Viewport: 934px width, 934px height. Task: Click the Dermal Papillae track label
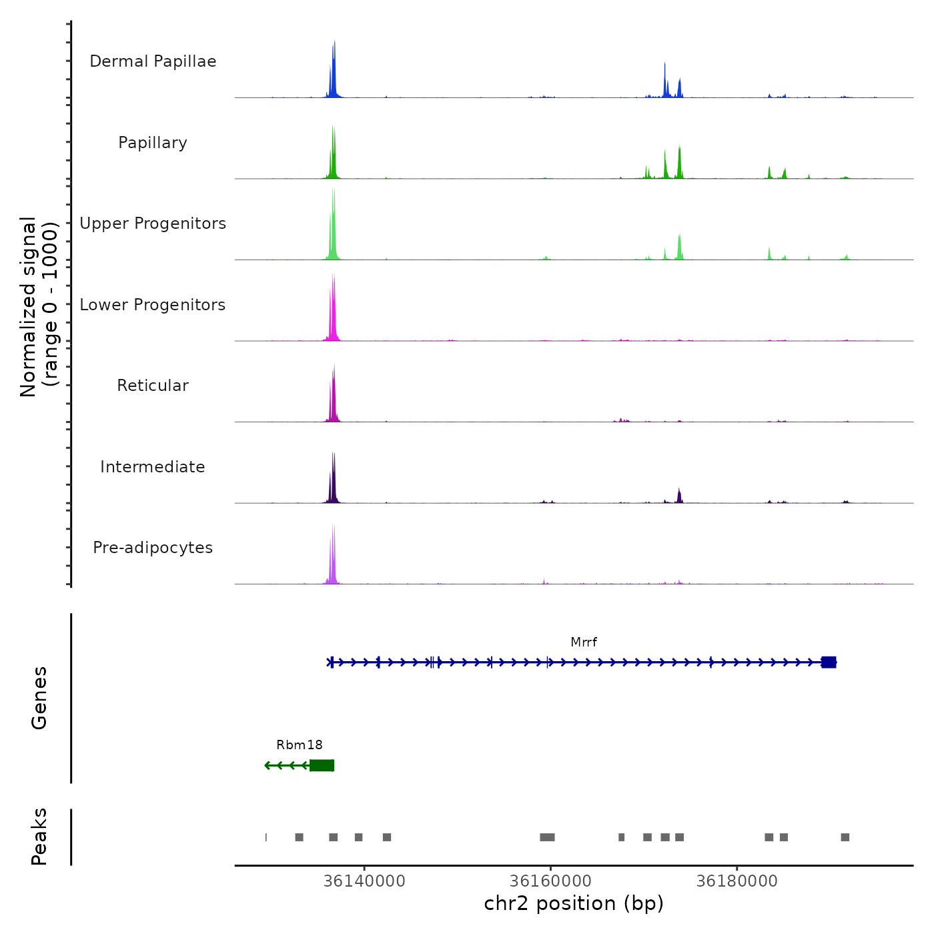point(153,61)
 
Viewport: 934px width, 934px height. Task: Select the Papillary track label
point(153,143)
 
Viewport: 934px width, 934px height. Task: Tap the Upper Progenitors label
point(153,223)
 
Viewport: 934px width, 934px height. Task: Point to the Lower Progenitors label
point(153,305)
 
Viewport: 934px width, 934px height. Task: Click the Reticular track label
point(153,386)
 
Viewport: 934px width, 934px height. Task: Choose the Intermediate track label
point(153,467)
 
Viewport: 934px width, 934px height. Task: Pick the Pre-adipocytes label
point(153,548)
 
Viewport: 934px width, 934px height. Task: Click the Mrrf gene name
point(584,642)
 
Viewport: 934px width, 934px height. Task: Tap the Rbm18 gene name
point(300,745)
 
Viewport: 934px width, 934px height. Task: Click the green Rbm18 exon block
point(322,765)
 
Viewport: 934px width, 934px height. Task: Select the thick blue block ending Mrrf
point(829,662)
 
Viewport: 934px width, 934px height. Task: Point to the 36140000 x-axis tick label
point(364,881)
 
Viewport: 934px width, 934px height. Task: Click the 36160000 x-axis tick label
point(550,881)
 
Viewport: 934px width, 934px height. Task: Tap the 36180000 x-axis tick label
point(737,881)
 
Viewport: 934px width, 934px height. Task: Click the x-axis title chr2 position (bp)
point(574,904)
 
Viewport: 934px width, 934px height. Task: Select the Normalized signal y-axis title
point(39,307)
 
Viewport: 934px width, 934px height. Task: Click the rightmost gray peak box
point(845,837)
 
